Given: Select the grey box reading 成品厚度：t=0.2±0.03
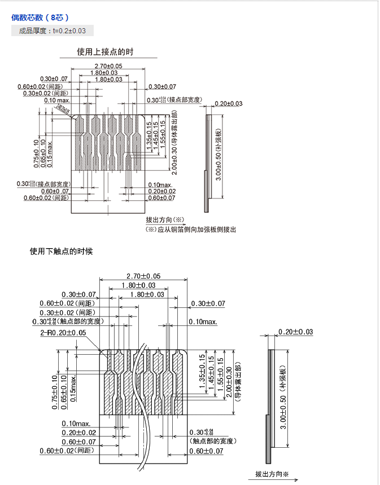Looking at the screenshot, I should (x=53, y=31).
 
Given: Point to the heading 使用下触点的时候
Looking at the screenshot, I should (x=61, y=252).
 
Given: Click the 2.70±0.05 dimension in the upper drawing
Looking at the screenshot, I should (x=108, y=66).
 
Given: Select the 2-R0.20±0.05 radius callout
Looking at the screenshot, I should (x=63, y=333).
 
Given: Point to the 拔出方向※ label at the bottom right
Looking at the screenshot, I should (x=272, y=474).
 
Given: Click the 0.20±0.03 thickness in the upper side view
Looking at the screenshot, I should (x=228, y=103).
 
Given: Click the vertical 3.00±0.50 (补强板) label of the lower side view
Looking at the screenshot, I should (x=284, y=395).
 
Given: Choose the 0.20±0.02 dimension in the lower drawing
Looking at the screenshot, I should (x=78, y=432).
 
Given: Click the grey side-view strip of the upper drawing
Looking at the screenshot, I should (x=207, y=164).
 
